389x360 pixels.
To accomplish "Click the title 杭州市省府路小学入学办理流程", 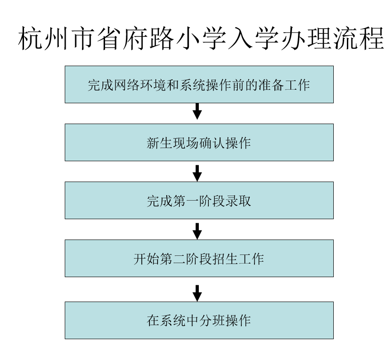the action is [201, 38].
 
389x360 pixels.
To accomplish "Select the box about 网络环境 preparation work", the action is [199, 84].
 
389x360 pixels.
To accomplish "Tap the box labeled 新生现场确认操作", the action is [199, 142].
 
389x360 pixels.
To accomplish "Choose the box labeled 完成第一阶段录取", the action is [199, 201].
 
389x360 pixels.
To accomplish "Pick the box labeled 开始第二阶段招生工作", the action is [199, 258].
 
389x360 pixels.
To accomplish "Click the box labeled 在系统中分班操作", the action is [199, 320].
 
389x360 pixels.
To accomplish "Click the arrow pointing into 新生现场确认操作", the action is [197, 111].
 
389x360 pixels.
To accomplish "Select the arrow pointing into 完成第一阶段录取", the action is [197, 173].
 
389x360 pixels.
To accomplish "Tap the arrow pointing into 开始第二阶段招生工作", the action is [197, 231].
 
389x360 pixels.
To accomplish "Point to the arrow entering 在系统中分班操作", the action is [197, 293].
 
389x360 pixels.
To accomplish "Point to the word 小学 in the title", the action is [201, 38].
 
